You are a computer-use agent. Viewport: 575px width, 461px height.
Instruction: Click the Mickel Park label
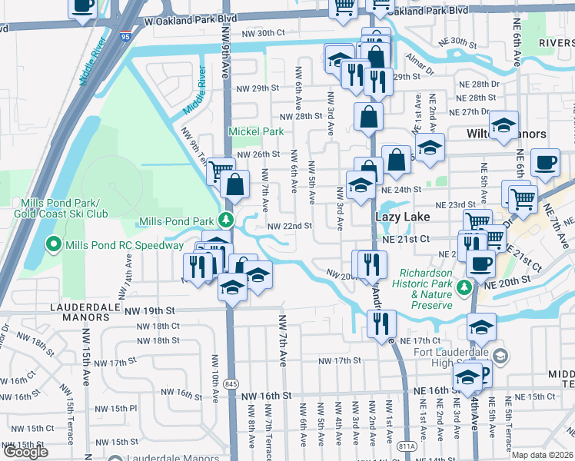point(256,131)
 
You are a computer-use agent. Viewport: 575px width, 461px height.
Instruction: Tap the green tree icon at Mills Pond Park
point(226,221)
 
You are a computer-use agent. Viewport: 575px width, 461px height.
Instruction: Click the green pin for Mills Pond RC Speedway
point(53,245)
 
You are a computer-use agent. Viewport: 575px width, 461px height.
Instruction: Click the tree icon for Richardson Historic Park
point(464,287)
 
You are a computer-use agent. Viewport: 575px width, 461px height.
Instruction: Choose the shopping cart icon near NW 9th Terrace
point(221,170)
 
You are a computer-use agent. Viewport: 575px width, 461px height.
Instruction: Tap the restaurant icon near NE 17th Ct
point(381,323)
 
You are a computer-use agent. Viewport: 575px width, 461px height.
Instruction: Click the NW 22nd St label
point(289,226)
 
